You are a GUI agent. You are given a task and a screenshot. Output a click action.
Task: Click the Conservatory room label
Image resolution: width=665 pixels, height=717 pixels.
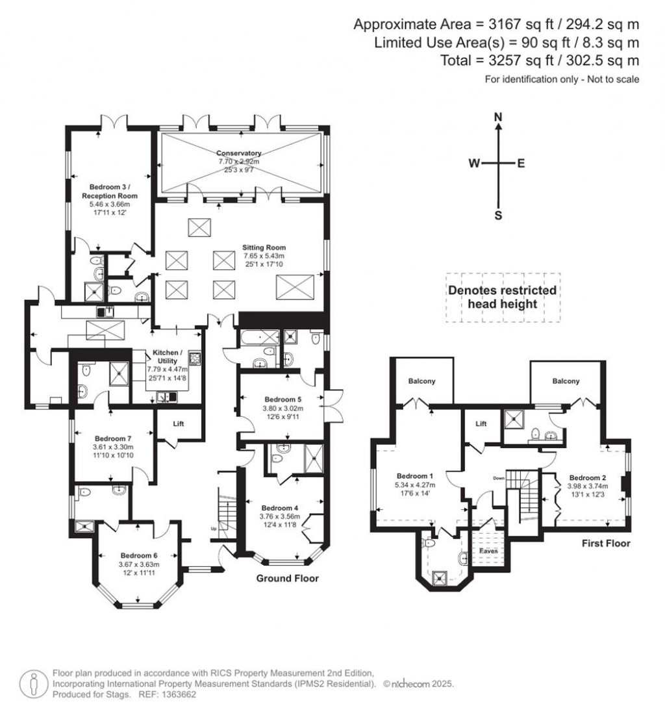pos(238,153)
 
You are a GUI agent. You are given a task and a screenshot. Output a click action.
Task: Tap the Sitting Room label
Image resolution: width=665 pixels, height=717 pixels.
pos(264,247)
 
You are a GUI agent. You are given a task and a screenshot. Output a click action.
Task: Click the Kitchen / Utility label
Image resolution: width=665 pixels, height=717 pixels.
pos(168,356)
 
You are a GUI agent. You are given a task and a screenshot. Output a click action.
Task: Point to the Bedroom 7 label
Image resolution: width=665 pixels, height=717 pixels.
pos(113,438)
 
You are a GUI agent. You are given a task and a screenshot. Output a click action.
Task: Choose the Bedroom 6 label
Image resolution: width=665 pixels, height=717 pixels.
pos(139,555)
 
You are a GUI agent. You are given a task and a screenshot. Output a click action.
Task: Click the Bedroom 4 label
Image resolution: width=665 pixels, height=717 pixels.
pos(281,508)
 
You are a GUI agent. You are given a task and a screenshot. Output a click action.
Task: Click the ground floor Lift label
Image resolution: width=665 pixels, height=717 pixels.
pos(179,423)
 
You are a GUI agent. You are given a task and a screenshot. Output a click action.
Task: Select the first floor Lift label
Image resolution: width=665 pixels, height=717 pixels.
pos(481,423)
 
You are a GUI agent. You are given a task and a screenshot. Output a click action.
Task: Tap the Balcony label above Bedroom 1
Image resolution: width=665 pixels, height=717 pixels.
pos(421,381)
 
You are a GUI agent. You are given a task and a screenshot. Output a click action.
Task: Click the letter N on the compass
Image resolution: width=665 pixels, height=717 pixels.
pos(498,117)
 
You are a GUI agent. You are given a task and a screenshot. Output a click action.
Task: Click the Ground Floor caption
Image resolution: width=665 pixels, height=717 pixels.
pos(287,578)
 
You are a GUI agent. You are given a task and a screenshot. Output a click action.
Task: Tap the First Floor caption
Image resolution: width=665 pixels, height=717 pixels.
pos(607,544)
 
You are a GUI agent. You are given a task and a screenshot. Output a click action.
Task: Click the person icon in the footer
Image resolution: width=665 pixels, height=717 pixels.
pos(33,683)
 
